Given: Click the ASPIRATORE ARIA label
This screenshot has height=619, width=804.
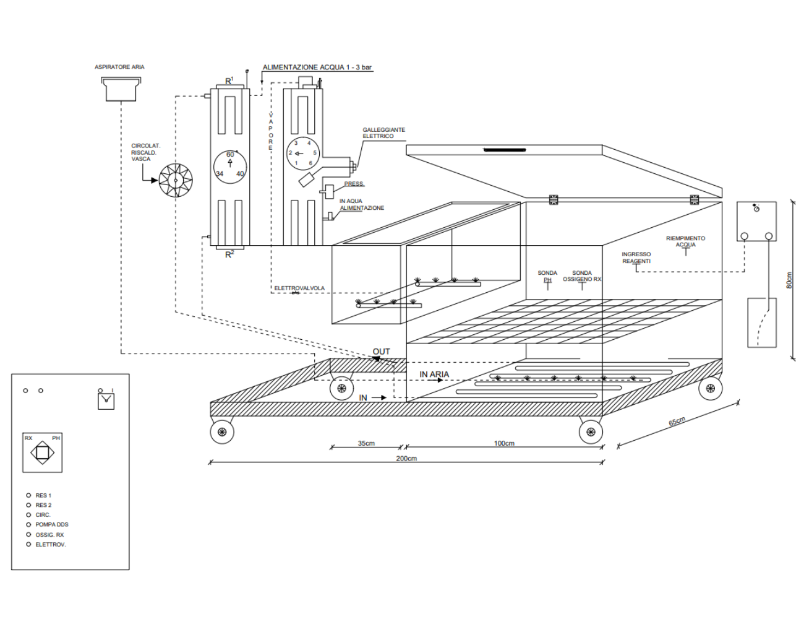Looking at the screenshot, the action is pos(119,67).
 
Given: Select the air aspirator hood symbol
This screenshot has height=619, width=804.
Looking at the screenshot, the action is pos(121,89).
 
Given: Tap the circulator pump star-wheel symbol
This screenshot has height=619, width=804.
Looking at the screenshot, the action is pos(176,180).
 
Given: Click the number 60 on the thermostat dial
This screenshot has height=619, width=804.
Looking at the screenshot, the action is pos(230,154).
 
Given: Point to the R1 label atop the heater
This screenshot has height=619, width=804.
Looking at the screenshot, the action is pos(229,80).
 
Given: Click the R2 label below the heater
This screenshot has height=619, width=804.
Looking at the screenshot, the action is pos(230,254).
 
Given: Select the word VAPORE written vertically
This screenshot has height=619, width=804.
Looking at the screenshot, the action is pos(271,131).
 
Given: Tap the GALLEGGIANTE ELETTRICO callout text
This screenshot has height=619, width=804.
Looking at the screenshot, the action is pos(383,133).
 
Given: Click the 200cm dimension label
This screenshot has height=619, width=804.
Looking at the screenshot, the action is pos(406,458).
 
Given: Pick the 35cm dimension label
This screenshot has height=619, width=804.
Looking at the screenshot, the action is pos(366,443).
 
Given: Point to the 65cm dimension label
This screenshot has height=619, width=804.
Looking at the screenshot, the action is pos(677,422).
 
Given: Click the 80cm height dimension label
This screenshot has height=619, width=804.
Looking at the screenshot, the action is pos(789,280).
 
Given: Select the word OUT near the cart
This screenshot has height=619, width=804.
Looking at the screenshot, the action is pos(381,352).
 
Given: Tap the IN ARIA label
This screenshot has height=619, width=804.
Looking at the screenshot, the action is pos(434,374).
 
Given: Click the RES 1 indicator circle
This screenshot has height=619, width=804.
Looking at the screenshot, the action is pos(28,495).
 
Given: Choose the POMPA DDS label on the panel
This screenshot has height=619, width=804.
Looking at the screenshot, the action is pos(52,524).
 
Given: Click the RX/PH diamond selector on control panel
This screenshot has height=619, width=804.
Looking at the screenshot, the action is pos(42,452).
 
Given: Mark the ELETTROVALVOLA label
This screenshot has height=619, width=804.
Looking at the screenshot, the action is pos(299,288).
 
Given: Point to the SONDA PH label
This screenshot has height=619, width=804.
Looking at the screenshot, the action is pos(547,276).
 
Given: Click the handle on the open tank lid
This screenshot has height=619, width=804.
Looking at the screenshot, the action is pos(505,150).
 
